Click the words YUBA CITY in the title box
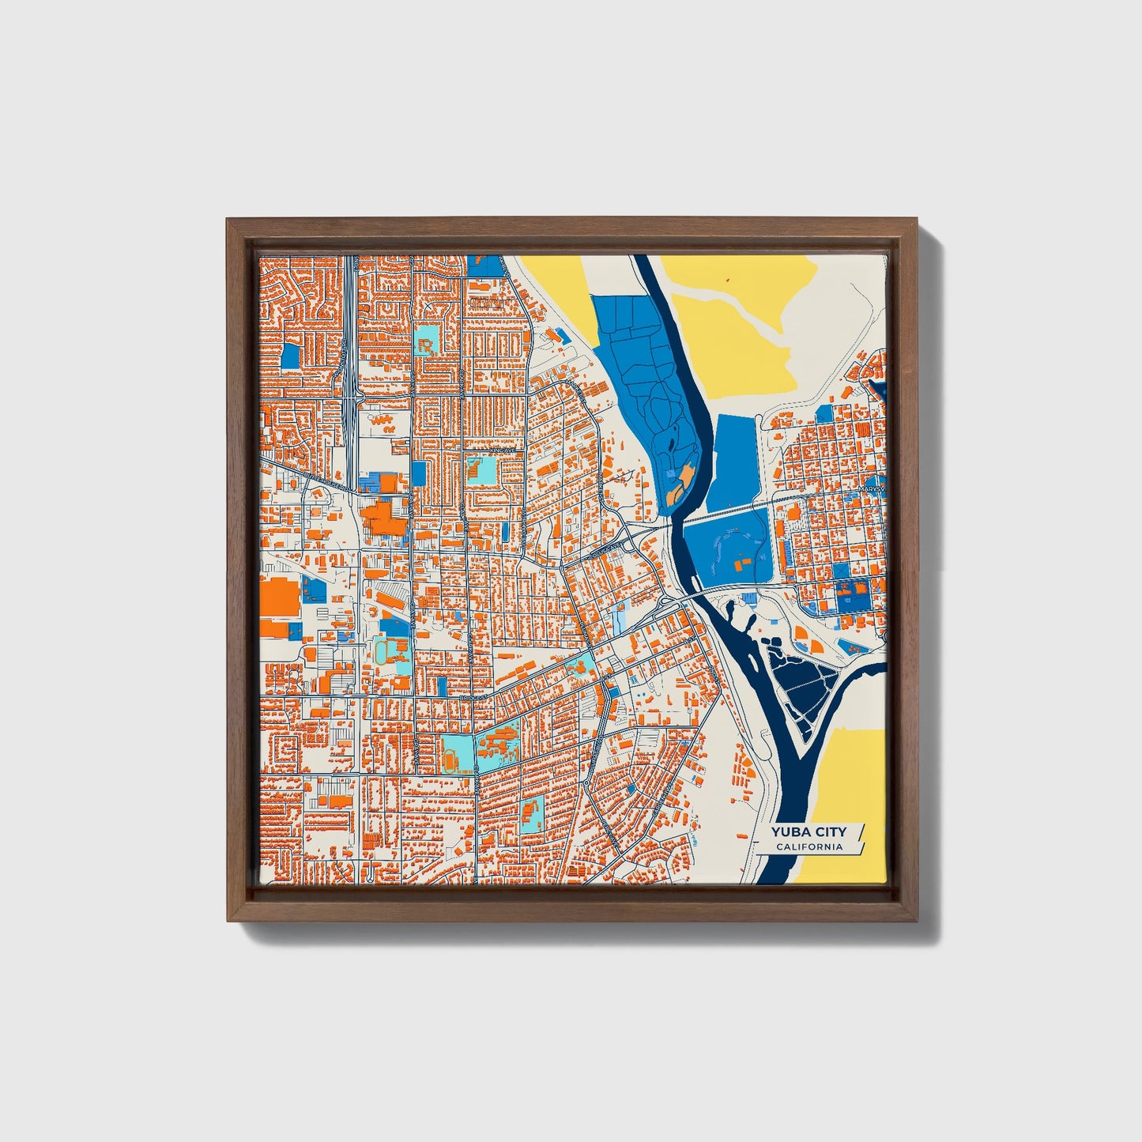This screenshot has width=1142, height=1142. click(808, 831)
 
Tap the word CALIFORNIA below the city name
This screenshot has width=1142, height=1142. click(808, 847)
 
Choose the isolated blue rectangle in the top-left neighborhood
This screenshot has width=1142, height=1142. click(291, 356)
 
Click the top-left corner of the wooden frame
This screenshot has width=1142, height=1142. click(228, 220)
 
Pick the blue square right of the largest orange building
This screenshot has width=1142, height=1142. click(313, 589)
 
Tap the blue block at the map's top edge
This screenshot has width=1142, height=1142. click(484, 264)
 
